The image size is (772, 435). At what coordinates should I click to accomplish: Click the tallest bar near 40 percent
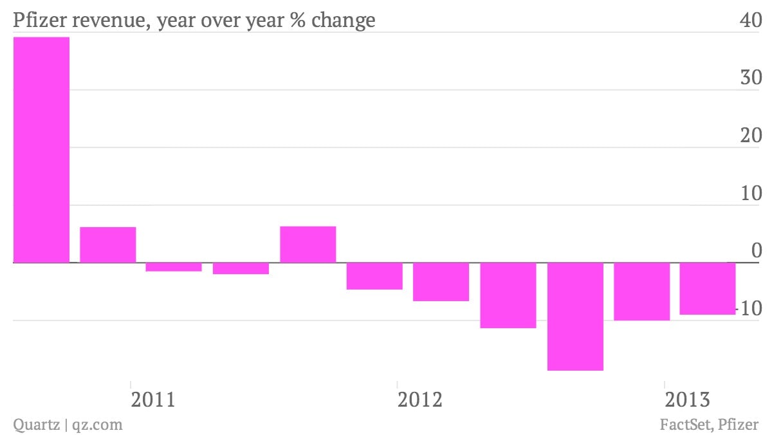(x=41, y=149)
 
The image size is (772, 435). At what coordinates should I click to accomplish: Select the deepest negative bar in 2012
(x=575, y=317)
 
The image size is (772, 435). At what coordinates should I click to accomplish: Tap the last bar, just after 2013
(x=708, y=288)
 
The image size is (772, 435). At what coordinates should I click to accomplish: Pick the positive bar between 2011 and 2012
(x=308, y=245)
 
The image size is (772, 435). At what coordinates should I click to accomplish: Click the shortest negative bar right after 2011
(x=174, y=267)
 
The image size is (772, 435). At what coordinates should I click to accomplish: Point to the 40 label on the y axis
(x=751, y=20)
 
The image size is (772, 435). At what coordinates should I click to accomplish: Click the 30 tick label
(x=751, y=77)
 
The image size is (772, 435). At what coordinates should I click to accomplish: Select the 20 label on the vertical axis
(x=751, y=135)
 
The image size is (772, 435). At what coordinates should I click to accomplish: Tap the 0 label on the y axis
(x=757, y=250)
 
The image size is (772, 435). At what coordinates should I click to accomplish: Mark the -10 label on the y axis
(x=749, y=308)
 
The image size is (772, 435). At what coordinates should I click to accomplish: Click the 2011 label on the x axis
(x=153, y=400)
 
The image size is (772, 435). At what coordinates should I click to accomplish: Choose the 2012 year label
(x=419, y=400)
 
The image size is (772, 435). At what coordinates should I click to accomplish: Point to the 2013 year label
(x=687, y=400)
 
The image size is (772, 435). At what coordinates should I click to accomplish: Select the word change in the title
(x=344, y=21)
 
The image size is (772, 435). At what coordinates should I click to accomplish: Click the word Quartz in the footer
(x=36, y=425)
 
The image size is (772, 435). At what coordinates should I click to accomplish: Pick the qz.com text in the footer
(x=97, y=425)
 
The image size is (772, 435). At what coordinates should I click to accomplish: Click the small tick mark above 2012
(x=398, y=384)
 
